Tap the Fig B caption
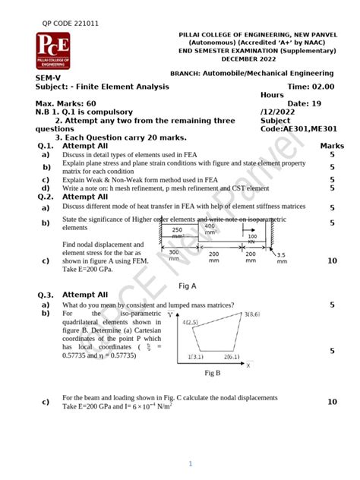(213, 373)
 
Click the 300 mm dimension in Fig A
(174, 255)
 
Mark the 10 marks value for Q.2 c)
(332, 261)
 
